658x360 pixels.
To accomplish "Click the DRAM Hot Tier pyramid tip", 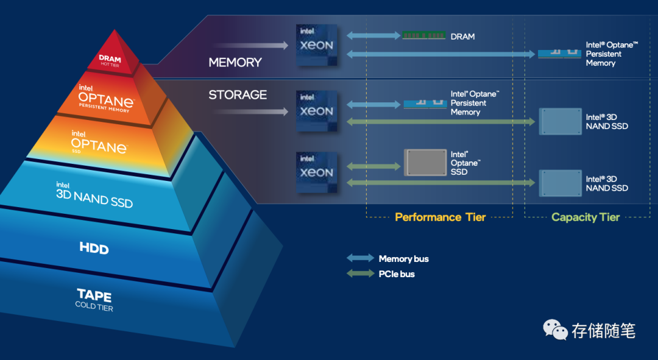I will (x=110, y=60).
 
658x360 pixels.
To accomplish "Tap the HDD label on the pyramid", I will (x=94, y=247).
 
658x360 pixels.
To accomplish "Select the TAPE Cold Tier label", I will (x=94, y=299).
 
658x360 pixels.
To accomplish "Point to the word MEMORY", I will (x=235, y=63).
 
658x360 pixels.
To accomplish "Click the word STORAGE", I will (x=238, y=95).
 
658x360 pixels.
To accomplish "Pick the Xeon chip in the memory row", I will (x=316, y=45).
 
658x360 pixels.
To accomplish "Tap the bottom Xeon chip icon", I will (x=316, y=172).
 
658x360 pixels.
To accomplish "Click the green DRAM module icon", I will (x=423, y=36).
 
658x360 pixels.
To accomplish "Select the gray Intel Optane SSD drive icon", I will (x=425, y=163).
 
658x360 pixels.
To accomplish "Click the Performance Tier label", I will (x=440, y=217).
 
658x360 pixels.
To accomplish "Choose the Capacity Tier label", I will (x=585, y=217).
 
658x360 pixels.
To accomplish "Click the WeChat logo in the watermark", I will (x=555, y=330).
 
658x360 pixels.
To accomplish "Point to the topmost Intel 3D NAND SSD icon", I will (x=559, y=122).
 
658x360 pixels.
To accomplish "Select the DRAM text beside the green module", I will (x=462, y=37).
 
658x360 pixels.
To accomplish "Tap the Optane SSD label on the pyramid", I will (x=99, y=143).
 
